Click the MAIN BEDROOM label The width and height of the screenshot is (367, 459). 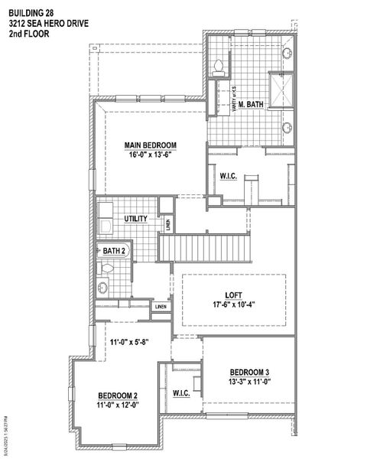[x=151, y=144]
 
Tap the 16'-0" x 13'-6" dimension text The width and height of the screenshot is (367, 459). [x=151, y=153]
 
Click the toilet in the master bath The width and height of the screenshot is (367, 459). [x=217, y=66]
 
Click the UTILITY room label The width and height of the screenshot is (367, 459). [x=138, y=219]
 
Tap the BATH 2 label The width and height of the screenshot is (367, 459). [x=115, y=250]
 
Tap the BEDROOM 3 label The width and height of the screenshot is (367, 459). [x=249, y=373]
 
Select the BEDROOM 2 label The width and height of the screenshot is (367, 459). [x=117, y=395]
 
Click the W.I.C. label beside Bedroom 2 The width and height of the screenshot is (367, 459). [x=181, y=393]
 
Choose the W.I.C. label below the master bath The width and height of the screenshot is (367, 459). [x=229, y=176]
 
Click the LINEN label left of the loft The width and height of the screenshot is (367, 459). [x=160, y=307]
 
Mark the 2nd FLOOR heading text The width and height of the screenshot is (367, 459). [x=28, y=34]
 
